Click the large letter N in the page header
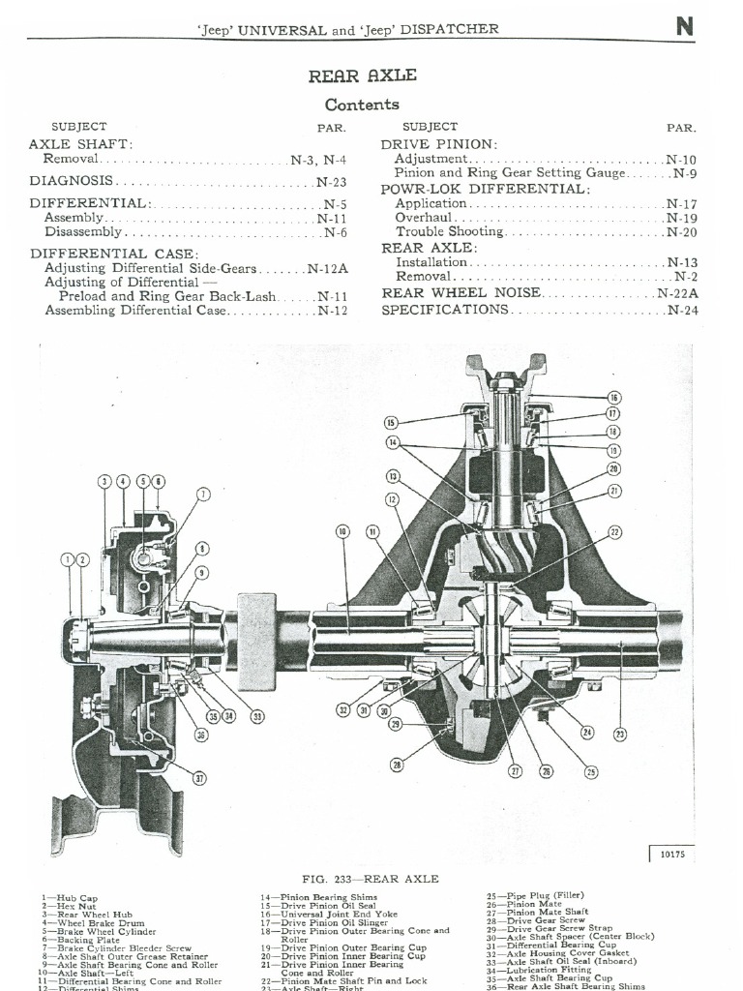click(685, 26)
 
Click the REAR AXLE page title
click(362, 76)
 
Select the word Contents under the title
click(362, 105)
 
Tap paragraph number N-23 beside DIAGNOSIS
click(331, 181)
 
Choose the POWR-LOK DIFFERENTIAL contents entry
click(485, 189)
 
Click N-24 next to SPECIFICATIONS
click(682, 310)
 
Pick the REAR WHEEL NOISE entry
click(461, 292)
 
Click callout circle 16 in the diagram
click(614, 398)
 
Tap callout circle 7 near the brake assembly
click(203, 495)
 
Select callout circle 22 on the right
click(614, 531)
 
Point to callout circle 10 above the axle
click(342, 531)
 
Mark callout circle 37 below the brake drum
click(199, 778)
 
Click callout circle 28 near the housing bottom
click(397, 765)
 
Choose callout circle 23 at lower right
click(620, 735)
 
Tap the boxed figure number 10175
click(671, 855)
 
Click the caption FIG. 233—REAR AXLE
click(371, 879)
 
